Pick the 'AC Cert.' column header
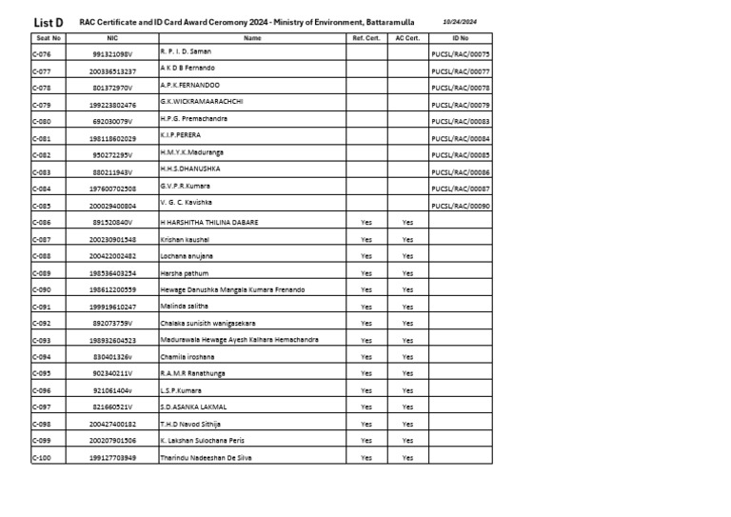pyautogui.click(x=407, y=38)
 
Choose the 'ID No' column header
pyautogui.click(x=461, y=38)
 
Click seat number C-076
pyautogui.click(x=42, y=54)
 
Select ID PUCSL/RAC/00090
pyautogui.click(x=461, y=206)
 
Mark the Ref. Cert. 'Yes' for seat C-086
pyautogui.click(x=366, y=222)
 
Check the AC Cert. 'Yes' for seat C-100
pyautogui.click(x=407, y=458)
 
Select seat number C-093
pyautogui.click(x=42, y=340)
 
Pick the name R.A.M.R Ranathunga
pyautogui.click(x=193, y=373)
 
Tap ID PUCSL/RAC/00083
pyautogui.click(x=461, y=122)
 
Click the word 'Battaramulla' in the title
pyautogui.click(x=385, y=22)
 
